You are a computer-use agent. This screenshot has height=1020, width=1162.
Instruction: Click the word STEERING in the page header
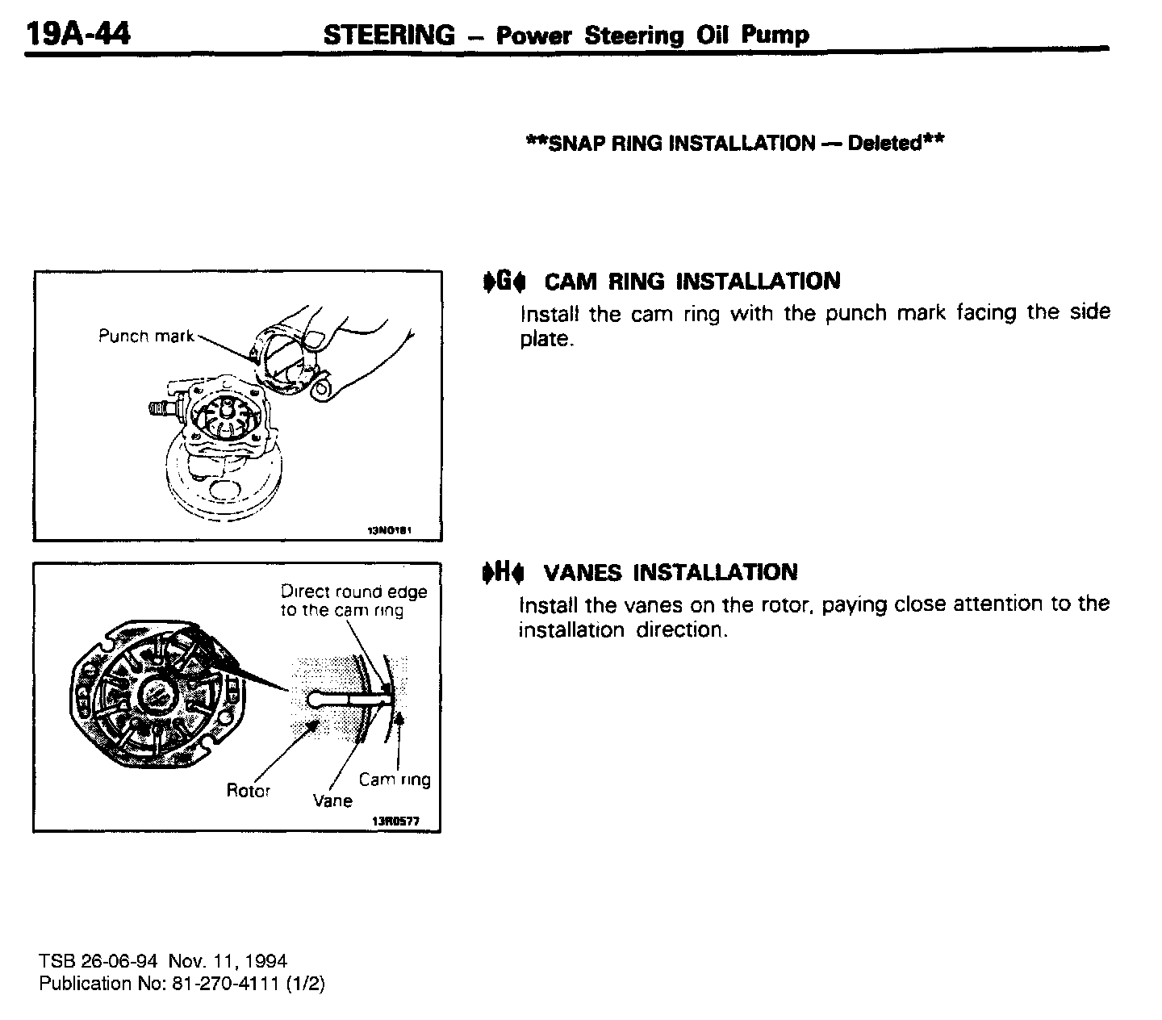(389, 35)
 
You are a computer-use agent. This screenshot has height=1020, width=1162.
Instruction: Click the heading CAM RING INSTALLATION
(692, 282)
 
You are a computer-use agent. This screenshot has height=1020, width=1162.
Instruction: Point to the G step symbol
(504, 282)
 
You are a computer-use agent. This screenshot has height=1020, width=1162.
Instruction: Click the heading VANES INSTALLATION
(671, 573)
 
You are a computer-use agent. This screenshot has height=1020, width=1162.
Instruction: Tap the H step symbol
(503, 573)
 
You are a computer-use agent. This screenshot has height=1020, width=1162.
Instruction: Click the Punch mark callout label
(145, 336)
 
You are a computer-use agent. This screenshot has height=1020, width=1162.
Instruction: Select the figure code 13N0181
(390, 531)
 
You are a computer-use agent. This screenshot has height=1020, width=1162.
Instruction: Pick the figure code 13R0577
(395, 821)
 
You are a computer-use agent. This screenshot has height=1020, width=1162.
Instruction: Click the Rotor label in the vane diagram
(248, 791)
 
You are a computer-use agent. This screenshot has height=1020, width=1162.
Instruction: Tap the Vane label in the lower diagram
(332, 801)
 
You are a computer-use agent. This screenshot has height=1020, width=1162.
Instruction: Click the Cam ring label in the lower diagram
(395, 780)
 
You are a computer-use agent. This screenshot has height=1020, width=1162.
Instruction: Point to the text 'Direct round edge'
(353, 592)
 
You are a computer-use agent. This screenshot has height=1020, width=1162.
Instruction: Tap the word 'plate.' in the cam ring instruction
(546, 340)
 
